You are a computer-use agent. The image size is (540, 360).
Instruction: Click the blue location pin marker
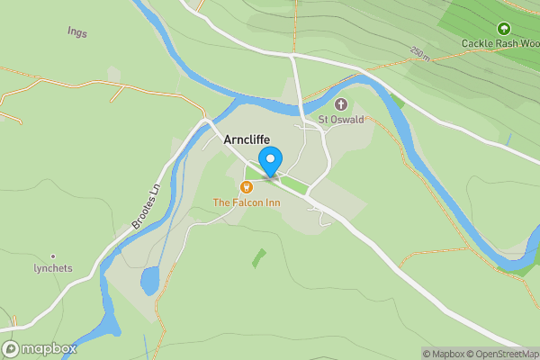tap(269, 162)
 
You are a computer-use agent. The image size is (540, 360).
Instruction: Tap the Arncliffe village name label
tap(241, 140)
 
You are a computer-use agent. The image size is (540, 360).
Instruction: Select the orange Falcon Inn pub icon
tap(246, 186)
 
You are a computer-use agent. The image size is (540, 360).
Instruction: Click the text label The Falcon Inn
tap(247, 202)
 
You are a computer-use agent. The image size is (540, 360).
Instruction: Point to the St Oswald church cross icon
tap(341, 104)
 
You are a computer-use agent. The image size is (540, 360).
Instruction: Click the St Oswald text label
tap(340, 120)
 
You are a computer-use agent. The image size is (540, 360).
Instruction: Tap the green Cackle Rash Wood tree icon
tap(503, 29)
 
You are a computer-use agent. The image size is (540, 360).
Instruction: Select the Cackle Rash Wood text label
tap(499, 43)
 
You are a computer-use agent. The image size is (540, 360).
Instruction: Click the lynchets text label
tap(53, 268)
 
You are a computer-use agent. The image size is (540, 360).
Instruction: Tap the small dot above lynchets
tap(53, 256)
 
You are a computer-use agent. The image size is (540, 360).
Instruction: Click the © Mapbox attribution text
tap(447, 354)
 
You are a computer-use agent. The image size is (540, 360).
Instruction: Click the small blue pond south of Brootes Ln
tap(150, 280)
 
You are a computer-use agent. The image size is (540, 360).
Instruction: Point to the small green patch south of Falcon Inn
tap(259, 257)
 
